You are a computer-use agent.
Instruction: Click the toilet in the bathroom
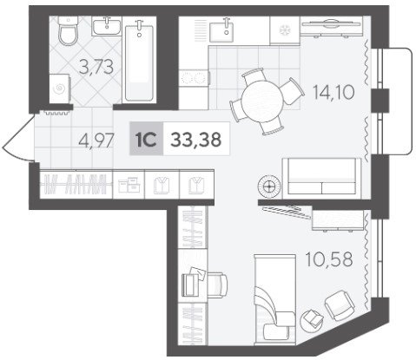click(x=69, y=30)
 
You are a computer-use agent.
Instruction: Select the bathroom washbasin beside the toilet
click(x=107, y=26)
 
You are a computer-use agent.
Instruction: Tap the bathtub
click(x=139, y=61)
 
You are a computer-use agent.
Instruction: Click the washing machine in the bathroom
click(x=60, y=88)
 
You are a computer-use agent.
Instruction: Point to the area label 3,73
click(x=96, y=67)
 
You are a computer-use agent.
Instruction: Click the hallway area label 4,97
click(x=96, y=141)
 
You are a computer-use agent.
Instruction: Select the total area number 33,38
click(x=196, y=139)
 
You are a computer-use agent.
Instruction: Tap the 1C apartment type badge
click(x=147, y=139)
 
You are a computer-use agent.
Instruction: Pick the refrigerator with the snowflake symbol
click(x=285, y=30)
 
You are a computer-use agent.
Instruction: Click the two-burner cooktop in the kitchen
click(x=194, y=77)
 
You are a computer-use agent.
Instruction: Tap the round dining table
click(x=262, y=101)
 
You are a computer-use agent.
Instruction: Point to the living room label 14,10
click(x=333, y=93)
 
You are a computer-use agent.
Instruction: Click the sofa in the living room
click(x=321, y=179)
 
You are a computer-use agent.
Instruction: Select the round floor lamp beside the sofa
click(x=269, y=187)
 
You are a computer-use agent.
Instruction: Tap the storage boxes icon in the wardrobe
click(x=129, y=185)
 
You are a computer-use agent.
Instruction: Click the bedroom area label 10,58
click(x=329, y=259)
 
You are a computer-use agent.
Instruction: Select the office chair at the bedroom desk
click(x=217, y=285)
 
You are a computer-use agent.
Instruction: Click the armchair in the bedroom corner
click(x=340, y=305)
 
